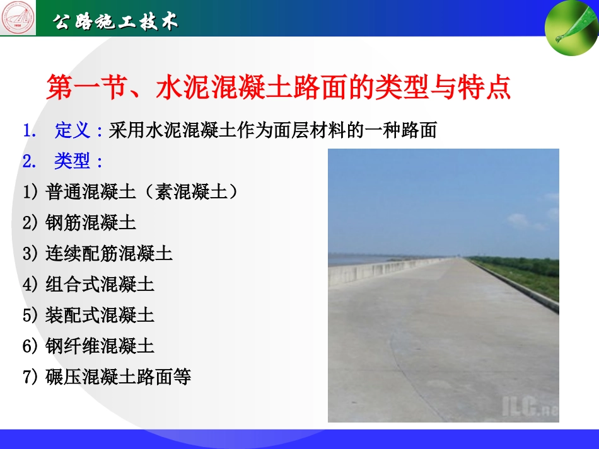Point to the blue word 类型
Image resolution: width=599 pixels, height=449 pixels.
coord(72,161)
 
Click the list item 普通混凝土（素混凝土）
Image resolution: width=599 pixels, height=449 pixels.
coord(142,192)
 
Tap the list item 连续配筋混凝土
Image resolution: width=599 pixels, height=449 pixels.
coord(109,253)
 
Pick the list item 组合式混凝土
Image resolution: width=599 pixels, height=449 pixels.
coord(100,284)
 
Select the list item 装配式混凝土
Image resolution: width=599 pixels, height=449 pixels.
coord(100,315)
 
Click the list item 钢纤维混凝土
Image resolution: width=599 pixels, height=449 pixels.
coord(100,346)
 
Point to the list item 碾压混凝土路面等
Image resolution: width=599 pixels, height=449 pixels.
coord(118,377)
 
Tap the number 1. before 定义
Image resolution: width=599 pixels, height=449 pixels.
coord(30,131)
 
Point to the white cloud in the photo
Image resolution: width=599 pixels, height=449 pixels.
coord(518,220)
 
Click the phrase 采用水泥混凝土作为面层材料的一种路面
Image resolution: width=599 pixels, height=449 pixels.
coord(272,131)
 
